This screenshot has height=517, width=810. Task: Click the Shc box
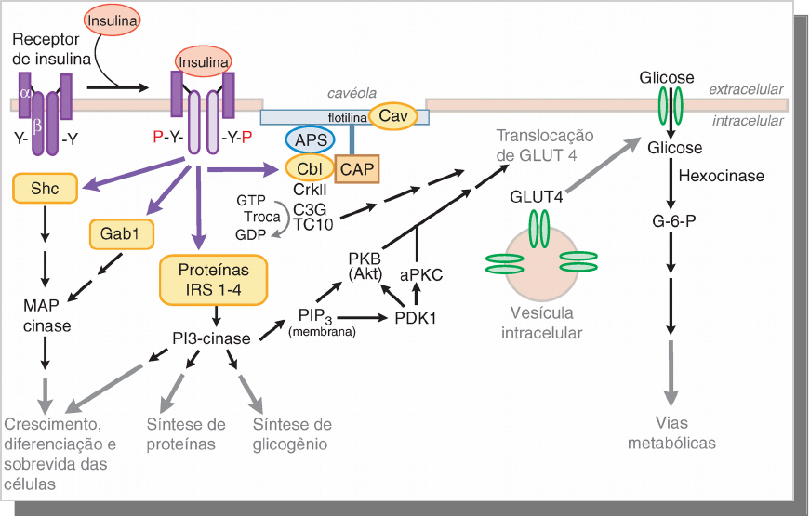tap(45, 189)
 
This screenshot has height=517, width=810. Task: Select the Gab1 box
tap(121, 234)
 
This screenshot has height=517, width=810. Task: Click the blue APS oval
tap(310, 139)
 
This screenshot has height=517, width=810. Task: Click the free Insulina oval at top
tap(113, 20)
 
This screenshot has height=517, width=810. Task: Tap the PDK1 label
tap(416, 317)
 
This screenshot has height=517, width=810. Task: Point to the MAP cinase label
tap(46, 315)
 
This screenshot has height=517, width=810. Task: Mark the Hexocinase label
tap(722, 176)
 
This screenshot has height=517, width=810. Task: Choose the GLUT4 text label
tap(538, 196)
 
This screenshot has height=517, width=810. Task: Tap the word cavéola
tap(351, 94)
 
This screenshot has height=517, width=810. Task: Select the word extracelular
tap(747, 89)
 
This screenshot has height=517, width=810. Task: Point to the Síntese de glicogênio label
tap(291, 434)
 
